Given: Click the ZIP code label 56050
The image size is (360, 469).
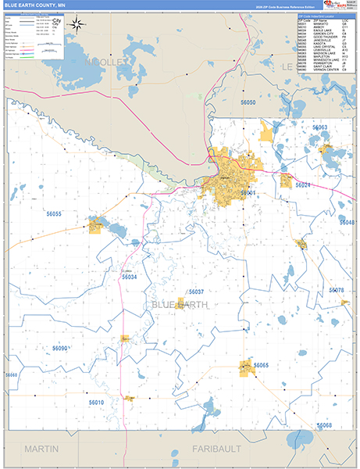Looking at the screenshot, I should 248,103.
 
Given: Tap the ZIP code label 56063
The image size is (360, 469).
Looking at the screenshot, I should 320,127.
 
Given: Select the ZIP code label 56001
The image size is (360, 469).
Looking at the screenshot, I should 248,192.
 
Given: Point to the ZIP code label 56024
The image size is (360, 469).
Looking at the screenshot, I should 303,185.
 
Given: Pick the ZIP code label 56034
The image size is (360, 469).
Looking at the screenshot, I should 130,277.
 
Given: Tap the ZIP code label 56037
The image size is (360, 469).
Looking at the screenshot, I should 196,291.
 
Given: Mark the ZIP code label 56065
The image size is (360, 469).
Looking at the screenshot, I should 261,366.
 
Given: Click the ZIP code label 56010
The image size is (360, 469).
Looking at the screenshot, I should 96,402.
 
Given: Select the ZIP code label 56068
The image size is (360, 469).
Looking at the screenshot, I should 324,424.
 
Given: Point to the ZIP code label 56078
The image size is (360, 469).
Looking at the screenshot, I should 336,290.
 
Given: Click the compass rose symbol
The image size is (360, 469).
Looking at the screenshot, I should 77,23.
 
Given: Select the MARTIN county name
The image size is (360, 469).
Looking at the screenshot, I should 42,449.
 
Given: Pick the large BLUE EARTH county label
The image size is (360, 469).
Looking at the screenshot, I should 179,305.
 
